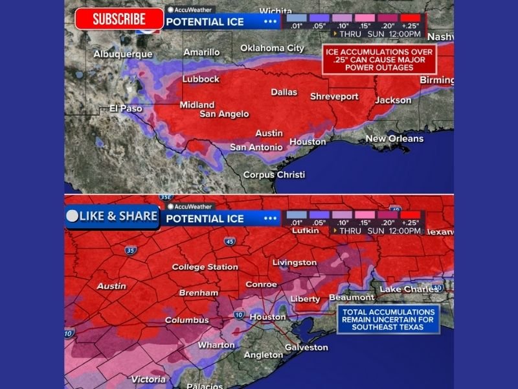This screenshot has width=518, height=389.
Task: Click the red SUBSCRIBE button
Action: point(118,19)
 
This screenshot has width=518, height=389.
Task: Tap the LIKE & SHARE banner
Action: point(112,217)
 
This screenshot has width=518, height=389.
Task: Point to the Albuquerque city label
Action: point(122,54)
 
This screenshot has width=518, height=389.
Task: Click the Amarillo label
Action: point(201,52)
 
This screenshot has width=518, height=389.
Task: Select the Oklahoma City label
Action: point(272,48)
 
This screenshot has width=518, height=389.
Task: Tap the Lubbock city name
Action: point(201,80)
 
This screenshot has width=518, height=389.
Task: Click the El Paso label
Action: point(126,108)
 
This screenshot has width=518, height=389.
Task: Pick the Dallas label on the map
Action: point(284,92)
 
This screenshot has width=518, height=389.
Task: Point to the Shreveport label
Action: point(334,97)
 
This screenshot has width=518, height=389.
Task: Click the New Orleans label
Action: point(394,139)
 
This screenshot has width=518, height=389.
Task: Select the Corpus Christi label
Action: point(274,174)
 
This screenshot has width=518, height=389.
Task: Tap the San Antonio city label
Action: point(256,147)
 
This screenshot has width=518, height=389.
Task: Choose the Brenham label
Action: point(199,293)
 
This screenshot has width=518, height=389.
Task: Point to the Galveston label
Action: point(306,348)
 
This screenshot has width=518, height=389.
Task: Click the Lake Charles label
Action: point(409,289)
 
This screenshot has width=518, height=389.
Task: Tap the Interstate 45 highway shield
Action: point(230,242)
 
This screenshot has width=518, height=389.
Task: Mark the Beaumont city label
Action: point(352,298)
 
